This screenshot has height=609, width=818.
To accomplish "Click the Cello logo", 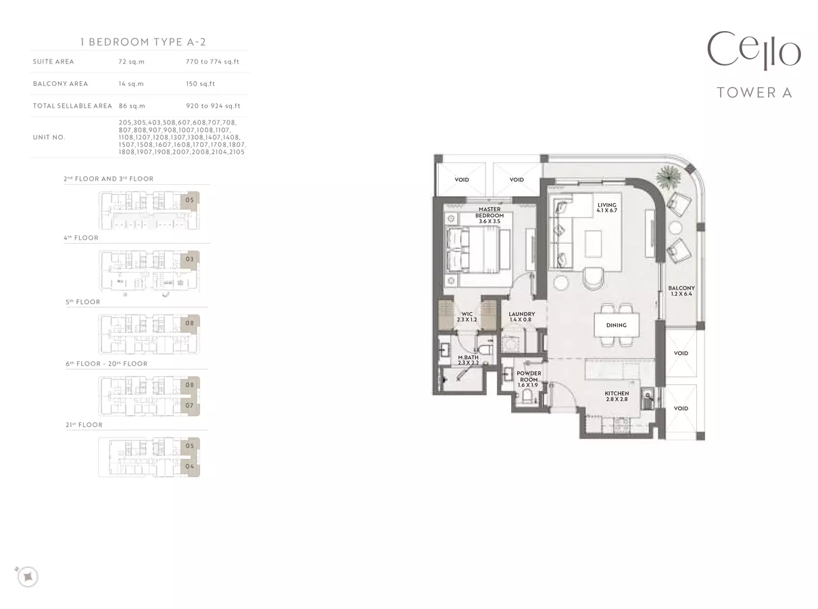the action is click(754, 51).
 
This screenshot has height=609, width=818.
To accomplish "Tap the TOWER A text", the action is click(754, 93).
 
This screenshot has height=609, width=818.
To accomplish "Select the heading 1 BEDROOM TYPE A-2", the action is click(143, 42).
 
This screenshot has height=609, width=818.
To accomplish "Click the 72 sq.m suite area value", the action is click(131, 62).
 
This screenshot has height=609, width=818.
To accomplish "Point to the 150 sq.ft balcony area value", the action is click(200, 84).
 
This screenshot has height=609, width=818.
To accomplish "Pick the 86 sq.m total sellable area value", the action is click(132, 106).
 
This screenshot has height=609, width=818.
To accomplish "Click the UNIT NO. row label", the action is click(49, 137).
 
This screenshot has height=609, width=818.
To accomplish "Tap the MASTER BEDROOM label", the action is click(489, 215).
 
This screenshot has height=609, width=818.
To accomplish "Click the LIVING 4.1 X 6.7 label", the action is click(606, 208).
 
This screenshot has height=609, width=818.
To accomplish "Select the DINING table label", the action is click(617, 325).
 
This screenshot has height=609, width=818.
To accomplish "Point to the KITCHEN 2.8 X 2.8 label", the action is click(617, 397).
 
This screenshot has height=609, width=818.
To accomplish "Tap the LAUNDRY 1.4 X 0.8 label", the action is click(521, 317).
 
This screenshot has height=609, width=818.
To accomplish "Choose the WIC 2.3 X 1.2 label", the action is click(467, 317).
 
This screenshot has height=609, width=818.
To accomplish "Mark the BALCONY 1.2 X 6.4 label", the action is click(681, 291).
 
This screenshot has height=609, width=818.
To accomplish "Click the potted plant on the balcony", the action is click(669, 177).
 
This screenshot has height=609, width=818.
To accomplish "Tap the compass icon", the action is click(27, 576).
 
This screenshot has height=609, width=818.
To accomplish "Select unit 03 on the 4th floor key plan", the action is click(189, 259).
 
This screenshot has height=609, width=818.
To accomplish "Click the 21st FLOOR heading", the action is click(84, 425).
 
